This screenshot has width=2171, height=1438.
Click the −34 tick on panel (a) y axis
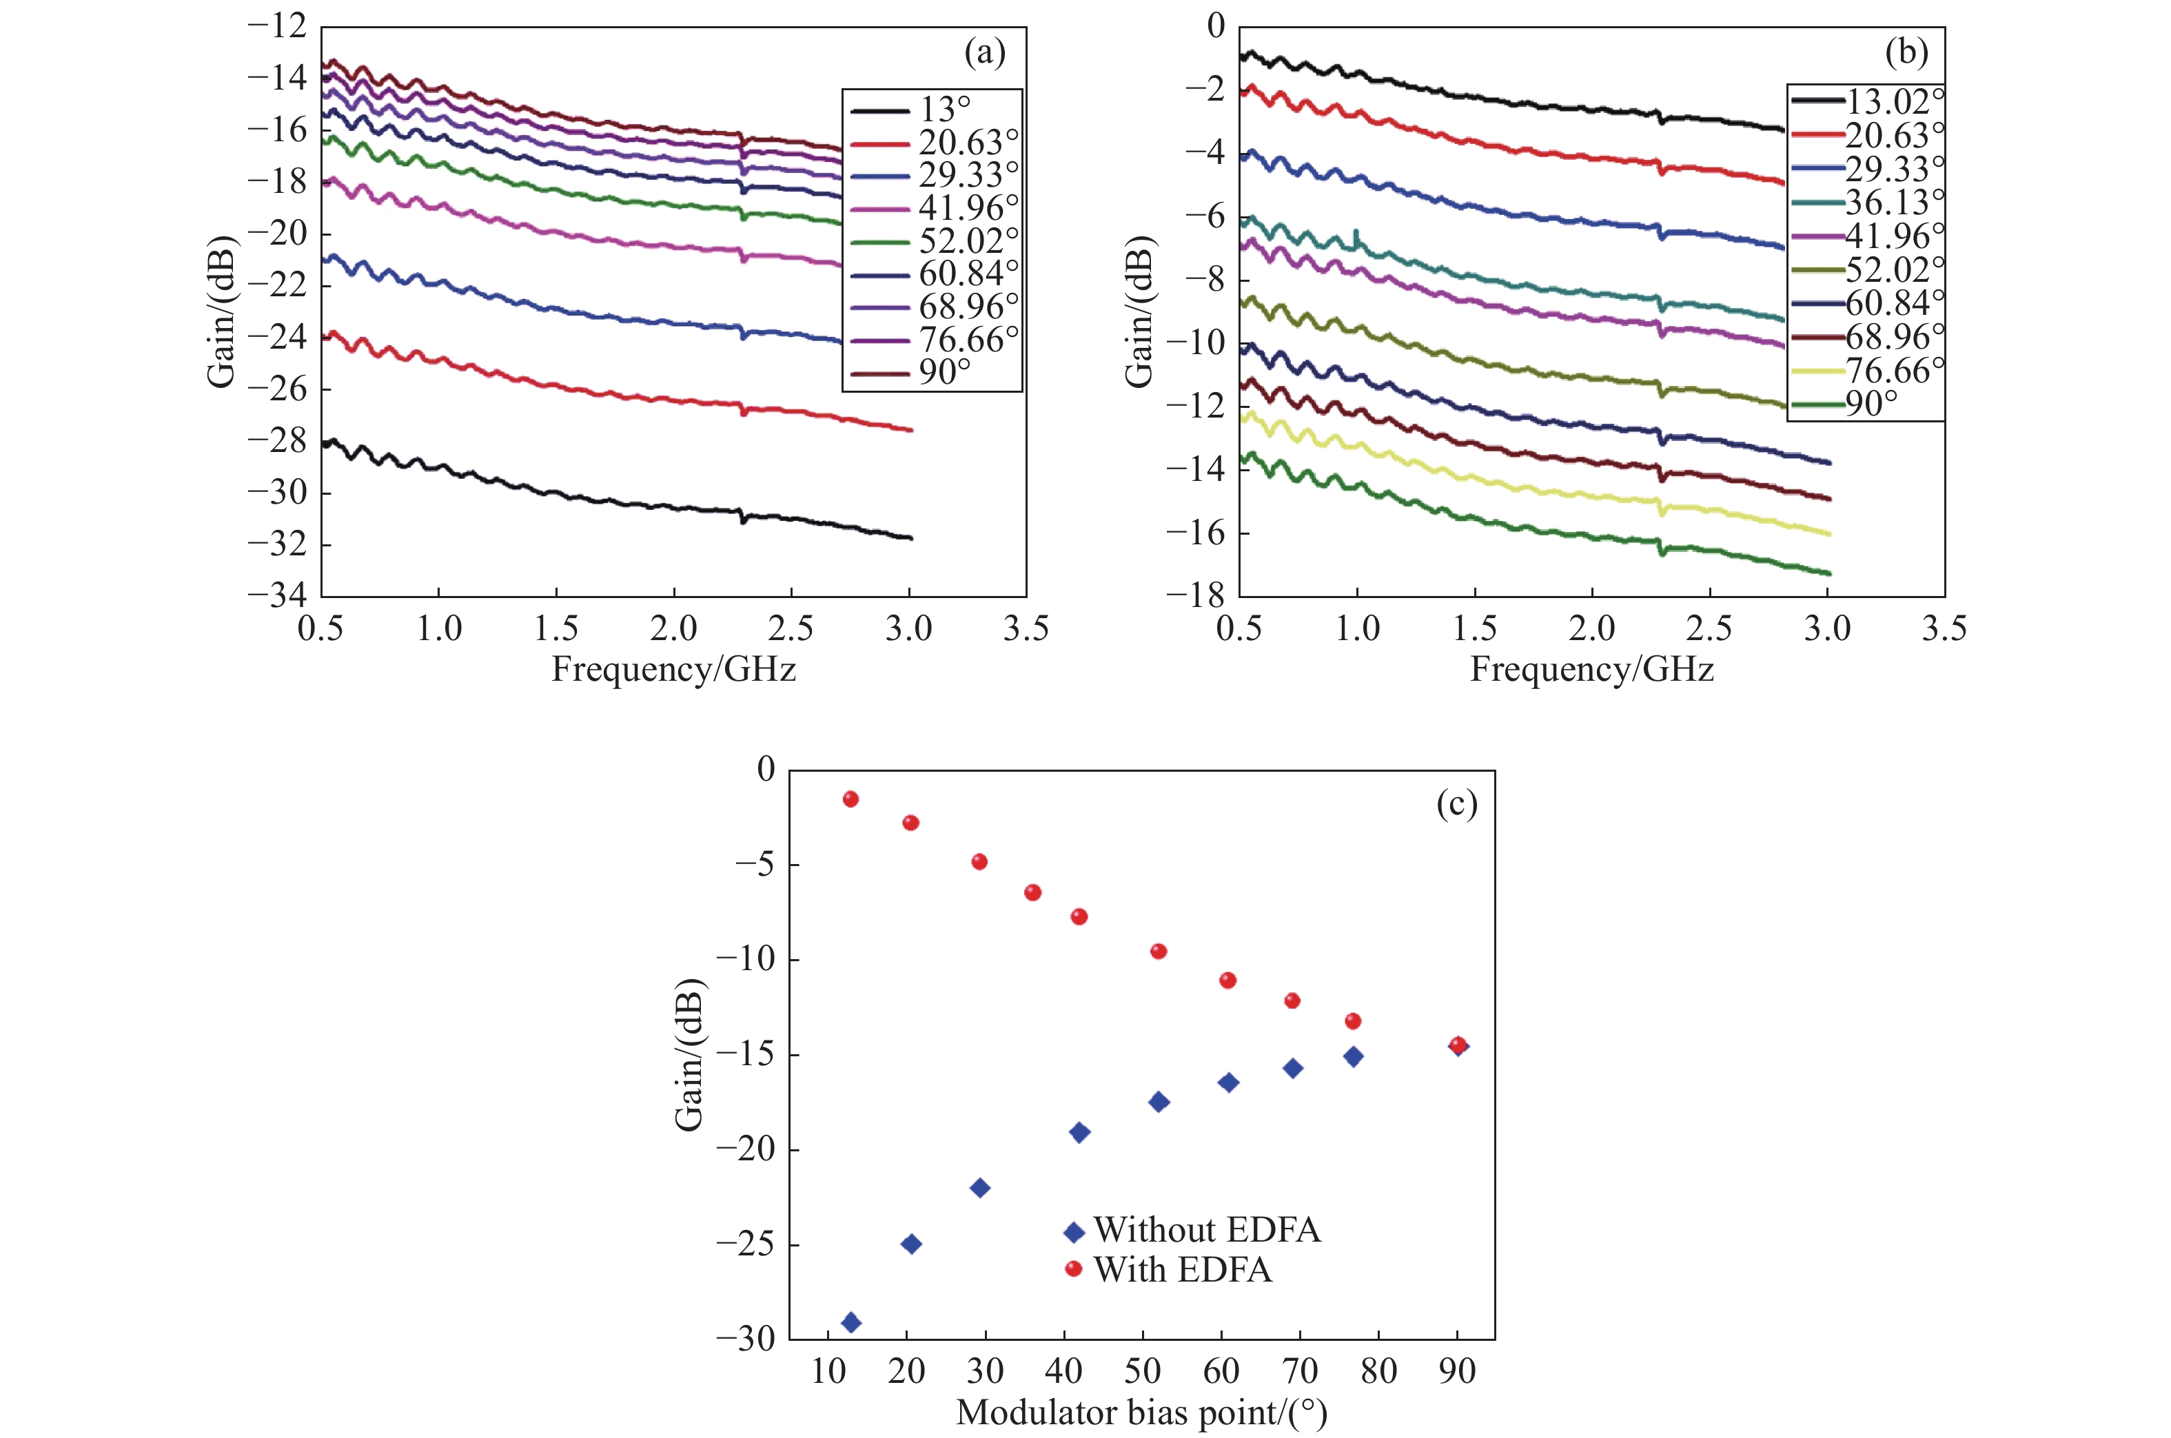[x=277, y=595]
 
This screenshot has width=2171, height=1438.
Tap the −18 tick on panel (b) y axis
[x=1195, y=595]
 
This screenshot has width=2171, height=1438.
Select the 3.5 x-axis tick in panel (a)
[x=1026, y=629]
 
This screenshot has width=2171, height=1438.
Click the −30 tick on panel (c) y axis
[x=745, y=1339]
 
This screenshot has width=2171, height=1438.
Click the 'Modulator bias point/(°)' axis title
[x=1141, y=1413]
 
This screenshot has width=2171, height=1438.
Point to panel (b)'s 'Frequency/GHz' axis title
[x=1591, y=670]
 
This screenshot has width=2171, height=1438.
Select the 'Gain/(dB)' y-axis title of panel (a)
[x=221, y=312]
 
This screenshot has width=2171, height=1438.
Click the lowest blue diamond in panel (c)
[x=851, y=1322]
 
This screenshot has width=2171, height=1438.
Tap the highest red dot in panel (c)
[x=850, y=799]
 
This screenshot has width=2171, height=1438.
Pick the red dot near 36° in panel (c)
[x=1032, y=892]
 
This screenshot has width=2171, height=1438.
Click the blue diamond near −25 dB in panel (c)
[x=910, y=1244]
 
